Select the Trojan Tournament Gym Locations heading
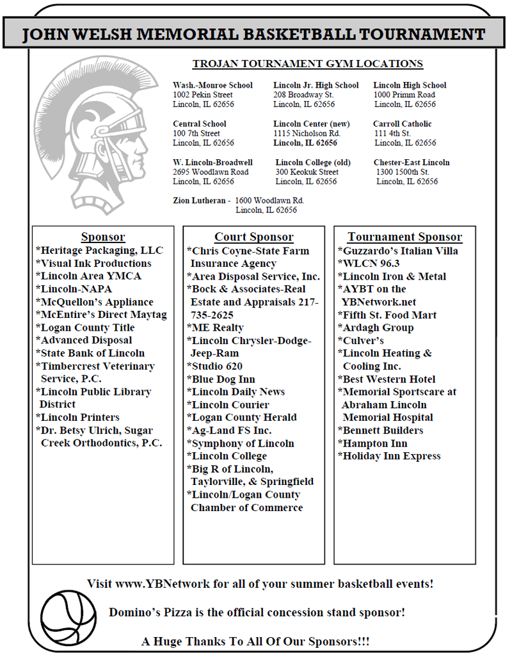(307, 64)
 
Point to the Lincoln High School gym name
(410, 85)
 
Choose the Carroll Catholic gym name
(402, 123)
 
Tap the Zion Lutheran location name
(198, 200)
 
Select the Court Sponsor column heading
(253, 237)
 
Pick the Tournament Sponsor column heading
(404, 237)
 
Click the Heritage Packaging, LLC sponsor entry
(101, 250)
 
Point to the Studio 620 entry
(216, 366)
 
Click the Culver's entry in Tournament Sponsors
(362, 340)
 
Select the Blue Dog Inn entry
(222, 379)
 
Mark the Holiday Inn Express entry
(390, 456)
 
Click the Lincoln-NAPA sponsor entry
(74, 288)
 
